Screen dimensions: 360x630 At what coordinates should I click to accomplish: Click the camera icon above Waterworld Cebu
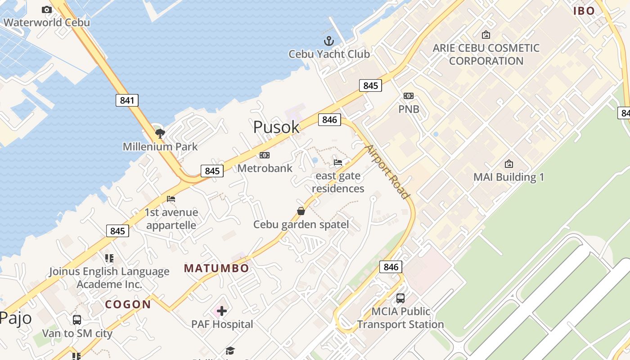point(46,9)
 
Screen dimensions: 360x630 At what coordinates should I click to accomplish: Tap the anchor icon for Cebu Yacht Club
point(329,41)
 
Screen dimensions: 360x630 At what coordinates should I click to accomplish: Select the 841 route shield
point(127,100)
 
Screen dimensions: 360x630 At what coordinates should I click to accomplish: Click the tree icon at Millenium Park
point(160,133)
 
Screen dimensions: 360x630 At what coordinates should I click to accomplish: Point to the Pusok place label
point(276,127)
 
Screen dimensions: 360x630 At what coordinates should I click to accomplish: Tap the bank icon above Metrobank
point(265,155)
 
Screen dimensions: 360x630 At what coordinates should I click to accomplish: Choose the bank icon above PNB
point(409,96)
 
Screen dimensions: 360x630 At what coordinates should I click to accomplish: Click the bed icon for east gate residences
point(338,162)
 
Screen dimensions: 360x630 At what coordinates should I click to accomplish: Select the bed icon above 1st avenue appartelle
point(171,199)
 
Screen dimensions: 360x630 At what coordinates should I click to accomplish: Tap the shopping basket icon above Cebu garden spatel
point(301,211)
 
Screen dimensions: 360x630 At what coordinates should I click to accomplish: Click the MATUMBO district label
point(216,269)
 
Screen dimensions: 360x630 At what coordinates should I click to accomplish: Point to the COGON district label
point(128,305)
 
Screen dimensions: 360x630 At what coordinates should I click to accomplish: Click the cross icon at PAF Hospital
point(222,310)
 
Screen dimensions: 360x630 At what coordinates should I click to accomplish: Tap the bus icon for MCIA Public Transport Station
point(400,298)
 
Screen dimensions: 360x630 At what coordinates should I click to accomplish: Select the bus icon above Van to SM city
point(77,320)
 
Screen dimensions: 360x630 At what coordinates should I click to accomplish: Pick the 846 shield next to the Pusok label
point(329,120)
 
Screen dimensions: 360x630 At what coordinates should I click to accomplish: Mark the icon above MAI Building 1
point(509,164)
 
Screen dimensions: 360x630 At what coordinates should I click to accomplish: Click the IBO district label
point(584,11)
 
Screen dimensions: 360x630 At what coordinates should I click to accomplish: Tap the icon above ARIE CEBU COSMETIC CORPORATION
point(486,35)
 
